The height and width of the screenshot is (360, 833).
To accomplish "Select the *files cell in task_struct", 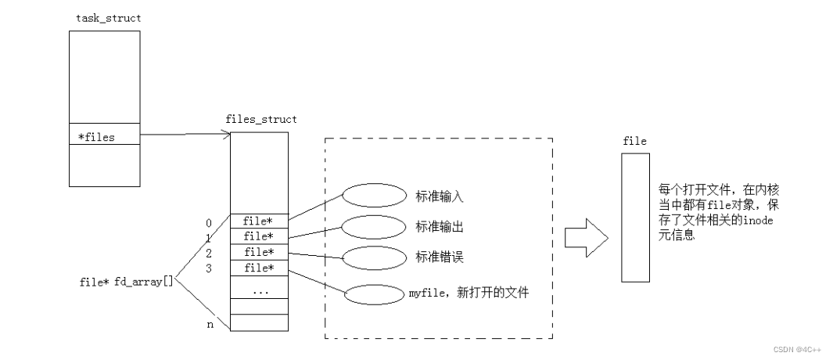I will [x=103, y=137].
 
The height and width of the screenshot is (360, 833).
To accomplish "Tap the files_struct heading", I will [x=260, y=119].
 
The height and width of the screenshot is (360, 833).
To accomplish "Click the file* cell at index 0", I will [x=259, y=221].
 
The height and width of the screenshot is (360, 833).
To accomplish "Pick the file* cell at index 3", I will [x=259, y=268].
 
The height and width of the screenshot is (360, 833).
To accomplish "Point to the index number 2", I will [x=210, y=253].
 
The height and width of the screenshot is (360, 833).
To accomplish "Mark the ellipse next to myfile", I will [x=371, y=296].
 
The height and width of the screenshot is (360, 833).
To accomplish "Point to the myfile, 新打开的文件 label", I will [x=469, y=293].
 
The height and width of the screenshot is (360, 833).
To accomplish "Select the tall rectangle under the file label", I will [x=634, y=218].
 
